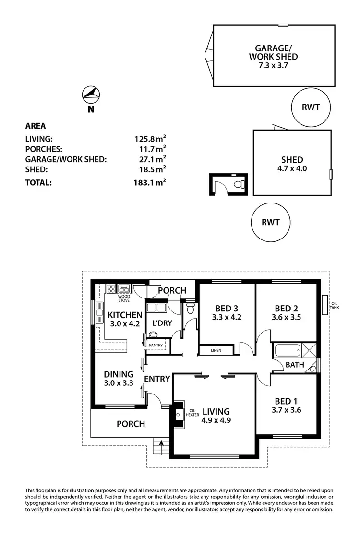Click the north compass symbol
tap(91, 95)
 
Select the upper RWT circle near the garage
tap(311, 107)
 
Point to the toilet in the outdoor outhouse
tap(239, 184)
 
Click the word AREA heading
tap(36, 126)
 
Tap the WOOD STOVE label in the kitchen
tap(124, 298)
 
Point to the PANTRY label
tap(156, 345)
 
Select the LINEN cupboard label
tap(216, 351)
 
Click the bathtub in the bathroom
tap(287, 350)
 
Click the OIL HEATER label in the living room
tap(192, 413)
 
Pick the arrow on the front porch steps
tap(161, 444)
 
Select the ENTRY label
tap(157, 379)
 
